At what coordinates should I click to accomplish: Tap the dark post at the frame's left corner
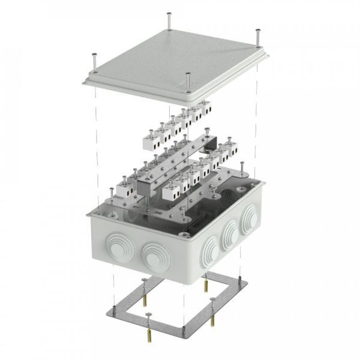click(x=113, y=311)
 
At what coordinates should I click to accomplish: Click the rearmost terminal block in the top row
click(x=205, y=107)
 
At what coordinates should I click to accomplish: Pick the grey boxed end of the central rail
click(x=146, y=185)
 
